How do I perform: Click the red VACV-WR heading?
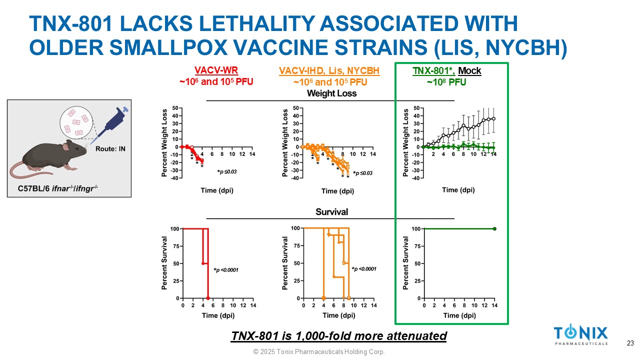212,71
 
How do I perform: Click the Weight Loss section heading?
331,93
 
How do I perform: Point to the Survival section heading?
331,212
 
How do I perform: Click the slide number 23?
630,343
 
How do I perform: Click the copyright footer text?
319,352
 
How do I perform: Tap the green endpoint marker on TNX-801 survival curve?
494,229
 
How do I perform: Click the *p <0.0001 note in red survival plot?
226,270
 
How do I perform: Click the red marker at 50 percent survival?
202,263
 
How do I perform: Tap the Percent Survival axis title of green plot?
406,263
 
